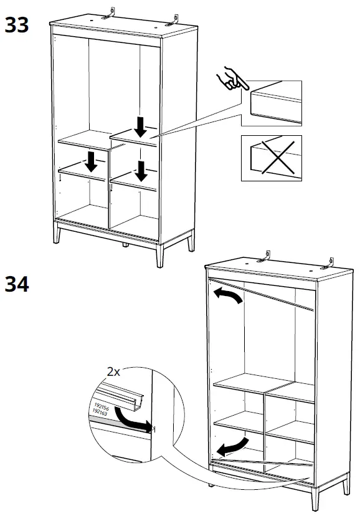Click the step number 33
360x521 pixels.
click(17, 26)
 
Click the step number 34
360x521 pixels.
click(17, 285)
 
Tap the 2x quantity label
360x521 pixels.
click(113, 371)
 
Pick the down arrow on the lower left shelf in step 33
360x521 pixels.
click(92, 162)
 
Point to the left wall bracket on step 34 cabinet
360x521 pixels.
click(267, 257)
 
